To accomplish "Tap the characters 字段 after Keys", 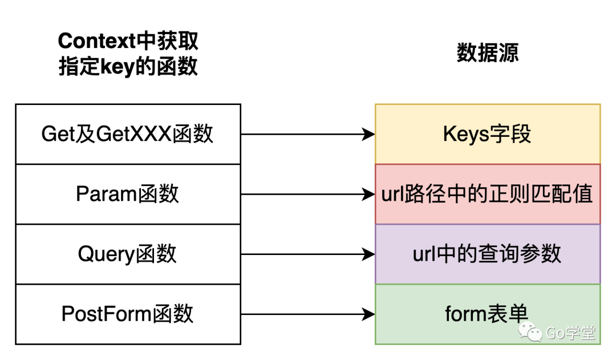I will (x=511, y=135).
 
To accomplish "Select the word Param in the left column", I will (x=107, y=195).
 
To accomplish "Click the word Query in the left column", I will (x=106, y=254).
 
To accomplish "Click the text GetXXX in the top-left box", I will (x=135, y=135).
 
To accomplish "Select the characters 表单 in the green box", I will (x=508, y=314).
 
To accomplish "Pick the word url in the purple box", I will (x=423, y=254).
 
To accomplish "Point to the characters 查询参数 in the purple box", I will (x=518, y=254).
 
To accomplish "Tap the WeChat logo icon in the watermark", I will (x=530, y=331).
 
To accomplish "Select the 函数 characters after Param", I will (x=159, y=195).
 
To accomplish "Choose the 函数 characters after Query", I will (x=156, y=254).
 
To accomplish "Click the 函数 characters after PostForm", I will (x=174, y=314).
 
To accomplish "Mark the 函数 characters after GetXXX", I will (x=194, y=135).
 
